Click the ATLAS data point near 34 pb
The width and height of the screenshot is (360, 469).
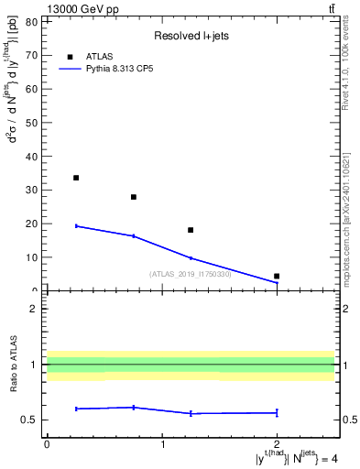(x=76, y=178)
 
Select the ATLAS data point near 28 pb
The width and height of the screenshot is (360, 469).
(x=134, y=197)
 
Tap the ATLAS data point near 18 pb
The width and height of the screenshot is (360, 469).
(x=191, y=230)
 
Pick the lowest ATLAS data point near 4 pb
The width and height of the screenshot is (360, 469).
(x=277, y=276)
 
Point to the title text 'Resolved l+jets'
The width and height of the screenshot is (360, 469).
(x=190, y=37)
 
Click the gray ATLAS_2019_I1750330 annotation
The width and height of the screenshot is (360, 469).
(x=191, y=274)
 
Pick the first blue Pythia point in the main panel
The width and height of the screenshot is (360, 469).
(x=76, y=225)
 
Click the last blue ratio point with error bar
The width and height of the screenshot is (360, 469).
(x=277, y=412)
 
